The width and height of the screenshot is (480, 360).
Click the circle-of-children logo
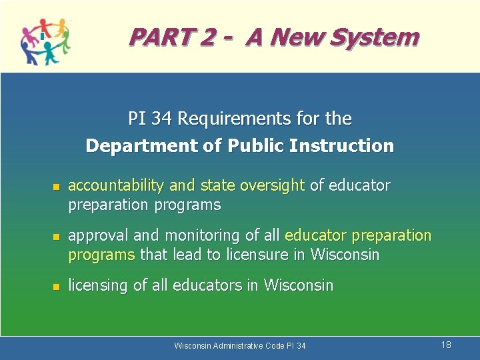point(45,41)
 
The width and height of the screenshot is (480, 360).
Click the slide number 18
point(446,345)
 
